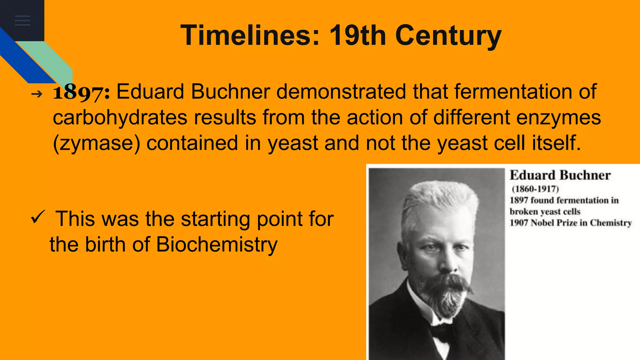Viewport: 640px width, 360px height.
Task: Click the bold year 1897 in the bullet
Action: pos(81,92)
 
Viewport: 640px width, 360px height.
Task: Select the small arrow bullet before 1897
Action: pos(37,94)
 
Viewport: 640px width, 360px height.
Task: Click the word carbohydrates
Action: pos(120,117)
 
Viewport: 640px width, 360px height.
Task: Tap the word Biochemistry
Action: pos(217,244)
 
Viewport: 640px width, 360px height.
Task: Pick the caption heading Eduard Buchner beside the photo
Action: pos(560,175)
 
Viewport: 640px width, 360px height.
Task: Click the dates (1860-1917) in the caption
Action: pos(535,189)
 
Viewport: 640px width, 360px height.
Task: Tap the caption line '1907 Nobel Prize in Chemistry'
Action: pos(571,223)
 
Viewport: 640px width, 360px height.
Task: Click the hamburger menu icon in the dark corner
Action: pos(22,20)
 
